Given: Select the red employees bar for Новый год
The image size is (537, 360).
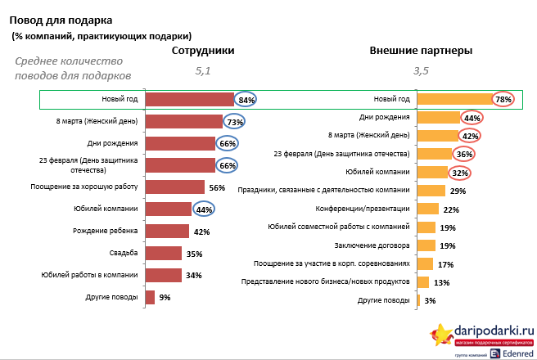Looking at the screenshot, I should [x=188, y=100].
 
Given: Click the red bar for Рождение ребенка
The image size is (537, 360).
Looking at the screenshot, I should [x=167, y=232].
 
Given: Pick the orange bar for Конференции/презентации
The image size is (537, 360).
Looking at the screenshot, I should [x=426, y=209].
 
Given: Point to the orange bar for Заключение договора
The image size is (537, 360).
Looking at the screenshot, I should [x=425, y=245].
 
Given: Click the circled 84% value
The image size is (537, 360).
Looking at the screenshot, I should [x=246, y=100].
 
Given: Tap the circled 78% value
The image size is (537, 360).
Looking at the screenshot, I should [x=503, y=100].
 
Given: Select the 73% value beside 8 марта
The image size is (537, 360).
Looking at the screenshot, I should [x=236, y=122].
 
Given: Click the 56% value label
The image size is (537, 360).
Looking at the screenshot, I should [x=217, y=187].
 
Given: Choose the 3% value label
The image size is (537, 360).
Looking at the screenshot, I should [x=431, y=301].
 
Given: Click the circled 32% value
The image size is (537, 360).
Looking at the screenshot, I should [x=460, y=173].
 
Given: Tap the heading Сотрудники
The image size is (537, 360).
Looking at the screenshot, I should [x=203, y=51].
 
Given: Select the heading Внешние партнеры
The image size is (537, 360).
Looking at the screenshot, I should [x=421, y=51].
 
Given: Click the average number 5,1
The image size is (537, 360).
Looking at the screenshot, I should [x=202, y=71].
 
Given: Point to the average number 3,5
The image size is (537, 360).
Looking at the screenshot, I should [x=421, y=71].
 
